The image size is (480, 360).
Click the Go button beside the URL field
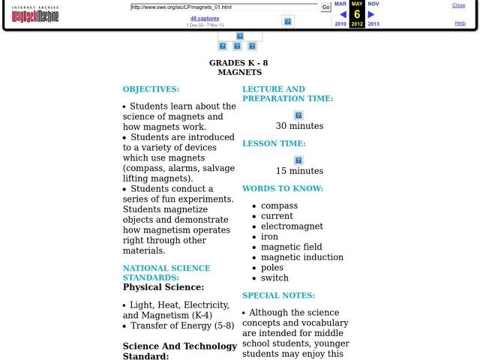pyautogui.click(x=326, y=7)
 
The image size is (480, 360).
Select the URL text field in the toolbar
pyautogui.click(x=224, y=7)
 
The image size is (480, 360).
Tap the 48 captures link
pyautogui.click(x=205, y=19)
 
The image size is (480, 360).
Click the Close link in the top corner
pyautogui.click(x=458, y=5)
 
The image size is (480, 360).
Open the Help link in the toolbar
pyautogui.click(x=460, y=23)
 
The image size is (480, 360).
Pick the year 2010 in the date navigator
pyautogui.click(x=340, y=24)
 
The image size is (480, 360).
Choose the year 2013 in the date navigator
pyautogui.click(x=373, y=24)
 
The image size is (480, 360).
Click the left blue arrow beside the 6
pyautogui.click(x=343, y=14)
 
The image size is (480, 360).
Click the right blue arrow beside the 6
pyautogui.click(x=371, y=14)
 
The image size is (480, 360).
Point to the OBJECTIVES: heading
pyautogui.click(x=151, y=89)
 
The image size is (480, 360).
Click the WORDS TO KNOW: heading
pyautogui.click(x=283, y=188)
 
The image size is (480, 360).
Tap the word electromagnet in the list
pyautogui.click(x=292, y=226)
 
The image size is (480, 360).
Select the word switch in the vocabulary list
pyautogui.click(x=274, y=278)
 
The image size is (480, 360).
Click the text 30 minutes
pyautogui.click(x=299, y=126)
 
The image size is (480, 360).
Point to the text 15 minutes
pyautogui.click(x=299, y=171)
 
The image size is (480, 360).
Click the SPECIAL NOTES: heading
pyautogui.click(x=278, y=295)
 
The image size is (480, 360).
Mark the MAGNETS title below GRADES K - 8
pyautogui.click(x=239, y=72)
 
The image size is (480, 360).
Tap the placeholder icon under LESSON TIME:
pyautogui.click(x=298, y=160)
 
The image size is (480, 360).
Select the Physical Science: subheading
pyautogui.click(x=163, y=287)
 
